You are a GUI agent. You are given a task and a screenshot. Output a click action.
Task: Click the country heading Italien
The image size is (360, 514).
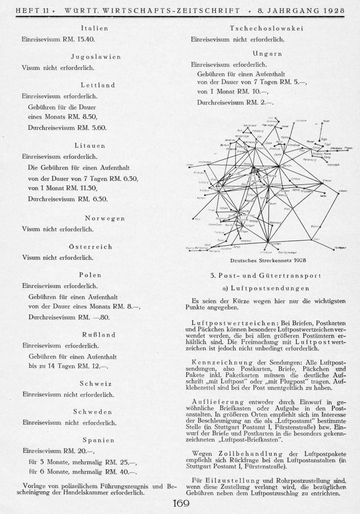96,28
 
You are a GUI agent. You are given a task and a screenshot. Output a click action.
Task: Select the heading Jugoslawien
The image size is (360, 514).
96,56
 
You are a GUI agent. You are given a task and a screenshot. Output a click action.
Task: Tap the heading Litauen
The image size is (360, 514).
96,145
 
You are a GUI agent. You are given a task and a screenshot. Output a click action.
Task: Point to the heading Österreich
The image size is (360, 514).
96,247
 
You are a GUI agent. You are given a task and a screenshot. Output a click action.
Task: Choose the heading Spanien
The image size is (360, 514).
96,440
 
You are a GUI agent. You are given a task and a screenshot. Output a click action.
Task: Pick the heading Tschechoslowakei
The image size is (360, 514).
266,28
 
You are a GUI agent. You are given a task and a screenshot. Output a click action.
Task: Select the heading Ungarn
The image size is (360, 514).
266,53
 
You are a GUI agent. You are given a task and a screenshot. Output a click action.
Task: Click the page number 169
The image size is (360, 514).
180,504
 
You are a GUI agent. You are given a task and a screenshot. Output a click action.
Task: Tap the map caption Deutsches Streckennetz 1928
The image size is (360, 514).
268,261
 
